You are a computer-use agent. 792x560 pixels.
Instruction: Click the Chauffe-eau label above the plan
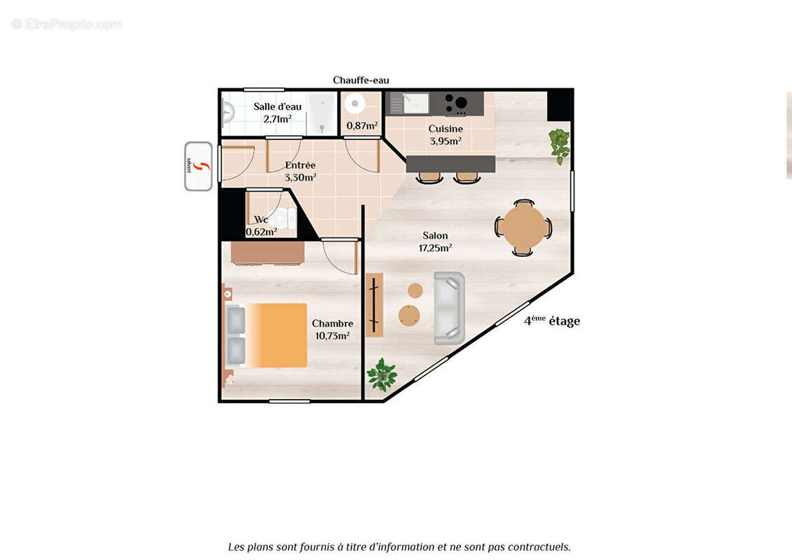360,80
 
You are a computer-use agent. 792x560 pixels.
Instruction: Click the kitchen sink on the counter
409,104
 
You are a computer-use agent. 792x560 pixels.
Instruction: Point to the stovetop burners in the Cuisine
457,104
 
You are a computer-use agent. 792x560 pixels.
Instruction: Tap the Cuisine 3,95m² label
446,134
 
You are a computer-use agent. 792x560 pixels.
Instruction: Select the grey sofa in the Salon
448,308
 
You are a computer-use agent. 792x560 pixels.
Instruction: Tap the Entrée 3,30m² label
300,171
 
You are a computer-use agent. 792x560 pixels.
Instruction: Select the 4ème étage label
552,321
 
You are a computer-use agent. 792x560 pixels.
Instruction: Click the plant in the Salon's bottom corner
382,374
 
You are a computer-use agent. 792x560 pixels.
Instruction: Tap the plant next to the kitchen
559,145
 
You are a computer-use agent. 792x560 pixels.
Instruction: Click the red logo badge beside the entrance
199,167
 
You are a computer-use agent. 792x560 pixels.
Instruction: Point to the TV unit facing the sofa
374,304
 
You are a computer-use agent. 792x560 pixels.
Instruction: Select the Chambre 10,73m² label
332,329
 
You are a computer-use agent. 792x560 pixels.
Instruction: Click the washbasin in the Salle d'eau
227,111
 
